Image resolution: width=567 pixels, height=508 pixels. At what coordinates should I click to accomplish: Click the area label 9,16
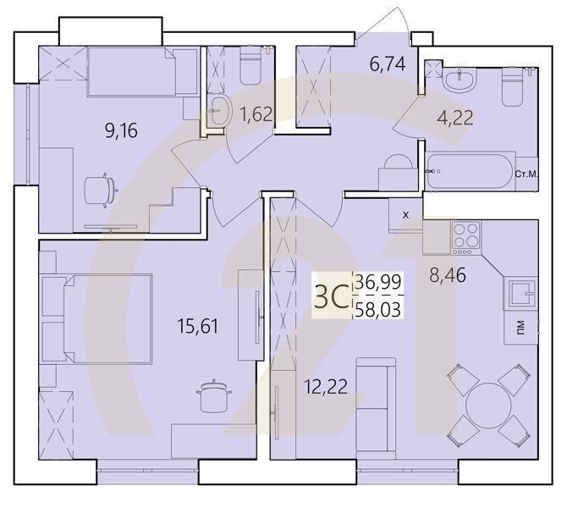121,130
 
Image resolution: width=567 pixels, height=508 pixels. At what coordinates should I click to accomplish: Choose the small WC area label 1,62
256,113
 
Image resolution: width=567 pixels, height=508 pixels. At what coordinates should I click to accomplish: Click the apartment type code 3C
331,295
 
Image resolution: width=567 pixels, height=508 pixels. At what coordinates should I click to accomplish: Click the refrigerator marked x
405,215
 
